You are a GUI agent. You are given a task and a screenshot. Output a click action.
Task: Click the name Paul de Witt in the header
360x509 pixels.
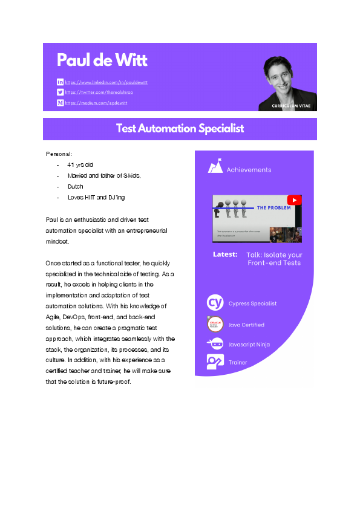[102, 60]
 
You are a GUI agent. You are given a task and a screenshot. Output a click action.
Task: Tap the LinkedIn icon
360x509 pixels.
[60, 82]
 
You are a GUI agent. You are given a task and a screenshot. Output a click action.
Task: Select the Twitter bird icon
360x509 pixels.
[60, 92]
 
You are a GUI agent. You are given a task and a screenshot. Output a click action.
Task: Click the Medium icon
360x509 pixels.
[60, 103]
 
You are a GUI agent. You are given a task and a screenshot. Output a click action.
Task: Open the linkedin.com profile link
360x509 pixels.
[106, 82]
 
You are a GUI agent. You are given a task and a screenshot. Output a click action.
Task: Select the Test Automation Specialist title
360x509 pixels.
[180, 128]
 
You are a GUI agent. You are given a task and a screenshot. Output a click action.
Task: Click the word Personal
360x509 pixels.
[59, 154]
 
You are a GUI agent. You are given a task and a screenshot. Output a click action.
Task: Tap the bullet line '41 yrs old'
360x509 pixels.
[80, 164]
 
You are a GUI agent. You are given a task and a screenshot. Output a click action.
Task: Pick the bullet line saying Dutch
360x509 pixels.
[75, 187]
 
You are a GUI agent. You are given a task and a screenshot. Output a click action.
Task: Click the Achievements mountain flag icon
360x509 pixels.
[215, 167]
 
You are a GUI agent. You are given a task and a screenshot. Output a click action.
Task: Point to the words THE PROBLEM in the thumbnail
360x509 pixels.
[273, 207]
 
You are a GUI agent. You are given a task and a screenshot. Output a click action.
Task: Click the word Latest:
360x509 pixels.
[225, 254]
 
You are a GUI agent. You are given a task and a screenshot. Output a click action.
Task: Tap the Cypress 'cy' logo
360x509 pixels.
[215, 303]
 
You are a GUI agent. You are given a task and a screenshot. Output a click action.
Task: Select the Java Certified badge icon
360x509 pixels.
[215, 325]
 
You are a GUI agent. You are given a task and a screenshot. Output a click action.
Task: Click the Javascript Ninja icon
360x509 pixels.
[215, 344]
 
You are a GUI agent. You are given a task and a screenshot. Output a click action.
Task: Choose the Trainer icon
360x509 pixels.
[215, 362]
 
